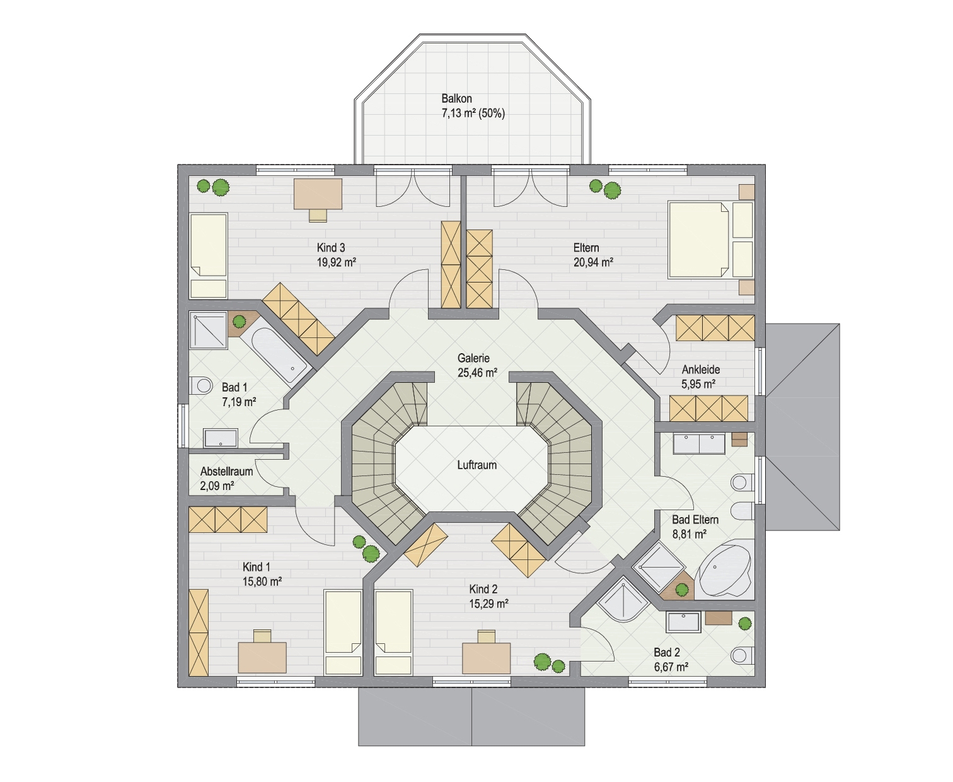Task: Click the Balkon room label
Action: point(456,99)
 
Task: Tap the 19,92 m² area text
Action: point(337,262)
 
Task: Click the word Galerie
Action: point(473,358)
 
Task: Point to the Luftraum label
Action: point(477,465)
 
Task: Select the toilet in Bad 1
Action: point(201,385)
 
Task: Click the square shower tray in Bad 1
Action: point(208,330)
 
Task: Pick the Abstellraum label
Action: point(226,472)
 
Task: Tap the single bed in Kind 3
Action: point(209,255)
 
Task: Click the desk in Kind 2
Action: point(486,657)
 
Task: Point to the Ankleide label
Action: point(700,370)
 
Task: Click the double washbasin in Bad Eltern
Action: point(699,444)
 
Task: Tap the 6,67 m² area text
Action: point(671,667)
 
